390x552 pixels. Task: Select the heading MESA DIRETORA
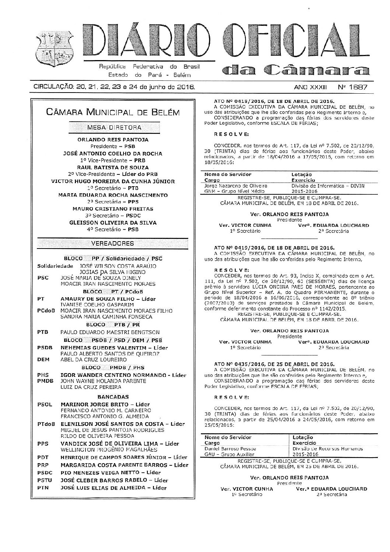pyautogui.click(x=114, y=128)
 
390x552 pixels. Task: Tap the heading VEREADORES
pyautogui.click(x=114, y=243)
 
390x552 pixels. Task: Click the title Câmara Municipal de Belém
pyautogui.click(x=114, y=112)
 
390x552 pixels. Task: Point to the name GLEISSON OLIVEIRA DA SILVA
pyautogui.click(x=113, y=223)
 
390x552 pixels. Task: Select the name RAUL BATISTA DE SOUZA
pyautogui.click(x=113, y=167)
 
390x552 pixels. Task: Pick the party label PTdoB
pyautogui.click(x=46, y=424)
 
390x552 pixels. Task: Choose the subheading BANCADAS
pyautogui.click(x=113, y=397)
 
